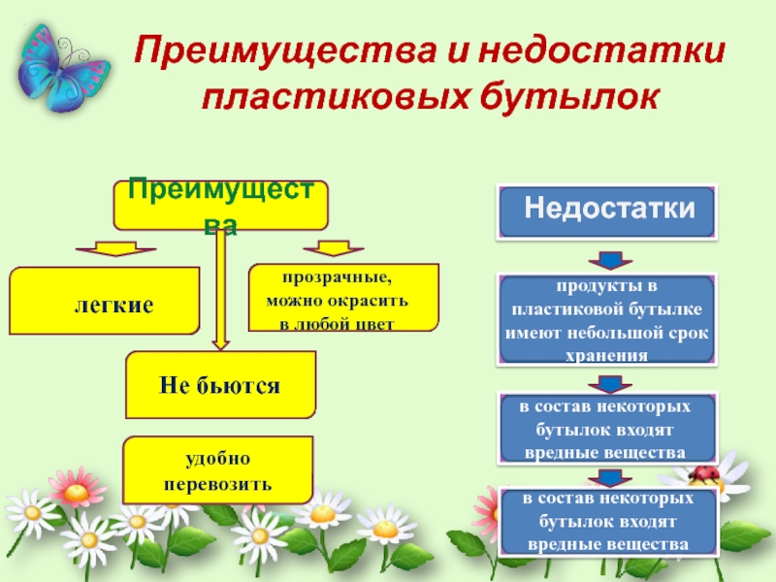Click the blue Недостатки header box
point(607,210)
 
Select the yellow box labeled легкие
point(105,303)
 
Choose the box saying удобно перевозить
point(218,469)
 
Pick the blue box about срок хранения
point(607,319)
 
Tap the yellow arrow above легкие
point(108,248)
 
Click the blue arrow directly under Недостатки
point(607,260)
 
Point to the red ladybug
point(705,473)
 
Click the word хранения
point(607,355)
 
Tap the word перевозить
point(218,482)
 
